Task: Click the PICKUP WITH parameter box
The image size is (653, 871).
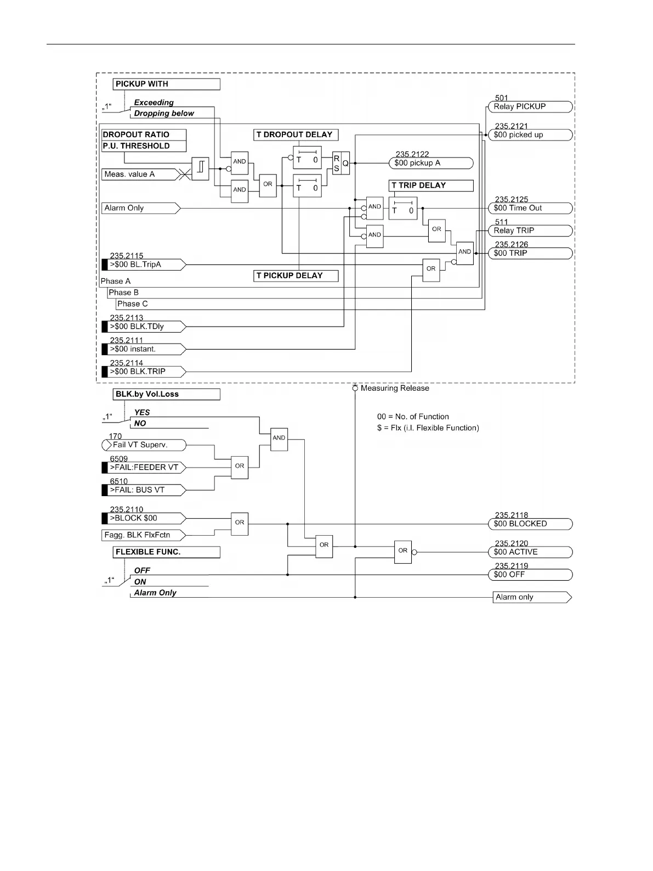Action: [x=166, y=84]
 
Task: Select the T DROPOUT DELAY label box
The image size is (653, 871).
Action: [x=296, y=134]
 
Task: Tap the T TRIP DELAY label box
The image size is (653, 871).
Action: [x=431, y=186]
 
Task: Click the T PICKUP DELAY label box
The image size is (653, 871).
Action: [x=296, y=276]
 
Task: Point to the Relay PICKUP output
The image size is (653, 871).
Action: [x=530, y=107]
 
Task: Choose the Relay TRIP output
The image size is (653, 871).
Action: [x=530, y=231]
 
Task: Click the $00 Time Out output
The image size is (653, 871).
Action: [x=530, y=208]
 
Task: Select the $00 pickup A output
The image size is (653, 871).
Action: [x=431, y=163]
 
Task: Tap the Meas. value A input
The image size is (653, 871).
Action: [x=140, y=175]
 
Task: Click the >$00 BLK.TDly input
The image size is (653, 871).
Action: [x=144, y=327]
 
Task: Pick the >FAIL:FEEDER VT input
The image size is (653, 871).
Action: [x=144, y=468]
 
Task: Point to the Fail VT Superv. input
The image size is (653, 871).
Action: [x=144, y=445]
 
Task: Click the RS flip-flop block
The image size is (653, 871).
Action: [x=341, y=163]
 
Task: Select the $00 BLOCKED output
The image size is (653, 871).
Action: [x=530, y=524]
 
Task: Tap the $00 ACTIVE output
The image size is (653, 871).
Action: [x=530, y=552]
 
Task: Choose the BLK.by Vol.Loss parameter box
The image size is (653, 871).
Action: [x=166, y=394]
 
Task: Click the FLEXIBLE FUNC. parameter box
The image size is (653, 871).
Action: [x=166, y=552]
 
